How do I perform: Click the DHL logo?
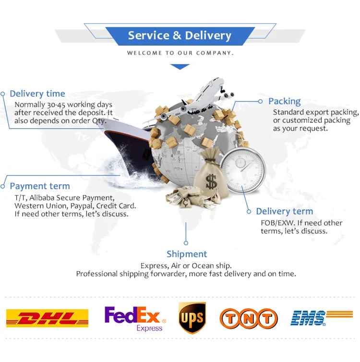point(47,318)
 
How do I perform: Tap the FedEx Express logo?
point(135,319)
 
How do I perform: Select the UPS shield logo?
point(192,318)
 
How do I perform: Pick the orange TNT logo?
point(249,319)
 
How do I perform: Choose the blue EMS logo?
point(321,318)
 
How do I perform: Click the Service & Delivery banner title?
point(180,36)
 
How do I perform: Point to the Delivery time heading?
point(37,94)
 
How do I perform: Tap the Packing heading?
point(285,101)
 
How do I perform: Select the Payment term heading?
point(40,186)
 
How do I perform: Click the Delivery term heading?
point(285,211)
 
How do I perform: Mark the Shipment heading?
point(187,254)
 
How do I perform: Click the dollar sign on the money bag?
point(211,181)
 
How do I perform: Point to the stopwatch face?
point(243,170)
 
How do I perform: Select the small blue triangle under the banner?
point(180,67)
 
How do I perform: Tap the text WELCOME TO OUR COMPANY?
point(180,53)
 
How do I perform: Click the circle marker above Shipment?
point(186,243)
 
